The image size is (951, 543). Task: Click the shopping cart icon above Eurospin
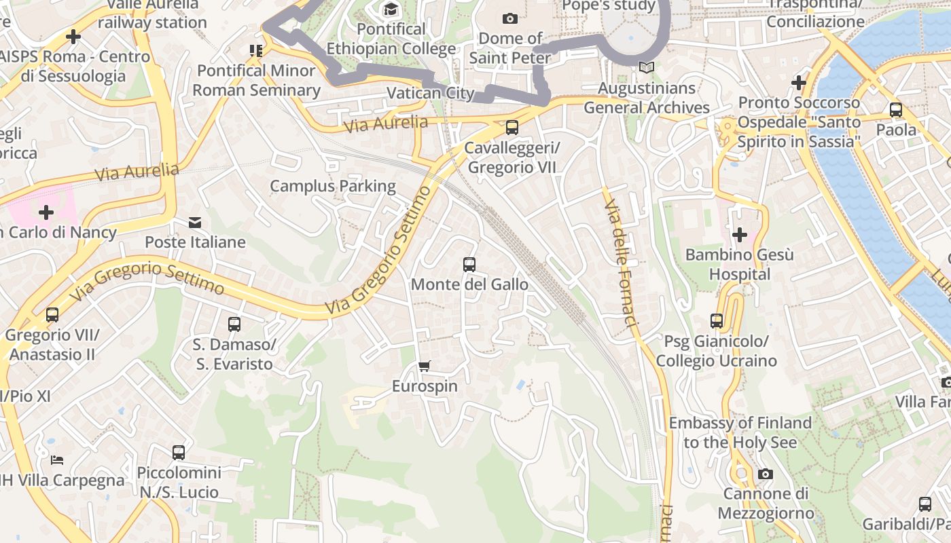[425, 367]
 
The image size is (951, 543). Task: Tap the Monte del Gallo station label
[469, 284]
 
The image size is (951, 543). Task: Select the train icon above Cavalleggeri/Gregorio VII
[512, 127]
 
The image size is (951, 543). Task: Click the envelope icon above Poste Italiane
[195, 222]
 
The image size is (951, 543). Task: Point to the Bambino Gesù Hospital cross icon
[740, 235]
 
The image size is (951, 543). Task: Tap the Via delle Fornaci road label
[622, 265]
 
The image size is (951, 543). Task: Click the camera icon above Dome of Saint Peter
[509, 18]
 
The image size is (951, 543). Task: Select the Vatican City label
[430, 92]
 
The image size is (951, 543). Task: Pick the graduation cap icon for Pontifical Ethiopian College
[391, 9]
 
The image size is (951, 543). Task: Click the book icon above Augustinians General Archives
[647, 68]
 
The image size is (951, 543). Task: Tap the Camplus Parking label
[333, 186]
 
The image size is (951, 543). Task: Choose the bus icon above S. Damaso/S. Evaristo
[234, 324]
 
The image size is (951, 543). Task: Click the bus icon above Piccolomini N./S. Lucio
[179, 452]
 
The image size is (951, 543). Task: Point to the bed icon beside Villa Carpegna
[57, 460]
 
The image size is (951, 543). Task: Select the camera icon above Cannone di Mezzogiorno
[766, 474]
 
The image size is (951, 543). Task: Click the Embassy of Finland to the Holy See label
[740, 432]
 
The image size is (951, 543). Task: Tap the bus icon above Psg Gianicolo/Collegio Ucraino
[717, 320]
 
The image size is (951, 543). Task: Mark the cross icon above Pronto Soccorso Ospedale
[799, 83]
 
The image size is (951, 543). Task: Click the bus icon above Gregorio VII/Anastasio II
[52, 315]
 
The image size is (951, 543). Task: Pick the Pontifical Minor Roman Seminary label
[256, 80]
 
